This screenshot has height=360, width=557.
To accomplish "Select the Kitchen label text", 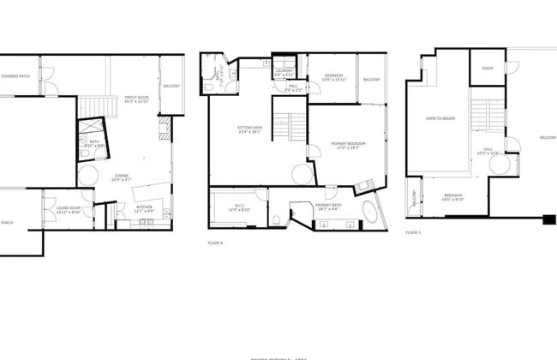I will click(x=146, y=207).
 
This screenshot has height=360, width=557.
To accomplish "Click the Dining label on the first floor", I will click(x=120, y=177).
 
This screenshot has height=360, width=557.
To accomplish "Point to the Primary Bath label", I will click(x=329, y=206).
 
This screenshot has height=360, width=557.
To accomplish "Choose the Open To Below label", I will click(x=440, y=118).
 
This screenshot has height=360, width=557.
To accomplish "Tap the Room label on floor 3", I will click(x=487, y=69).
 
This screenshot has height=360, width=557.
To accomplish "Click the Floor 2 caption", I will click(x=215, y=243).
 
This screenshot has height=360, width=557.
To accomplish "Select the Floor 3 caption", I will click(x=413, y=232).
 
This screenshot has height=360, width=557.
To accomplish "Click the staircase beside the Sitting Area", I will click(x=289, y=126).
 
